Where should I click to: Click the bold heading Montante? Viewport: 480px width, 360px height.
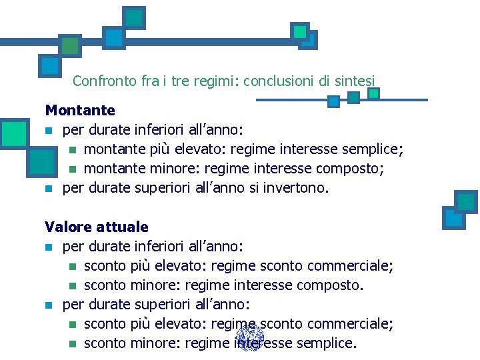[x=80, y=110]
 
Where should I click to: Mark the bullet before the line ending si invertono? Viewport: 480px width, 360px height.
[x=48, y=189]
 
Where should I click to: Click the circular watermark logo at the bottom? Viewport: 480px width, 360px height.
[x=250, y=338]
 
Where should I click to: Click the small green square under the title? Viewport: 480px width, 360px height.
[x=373, y=94]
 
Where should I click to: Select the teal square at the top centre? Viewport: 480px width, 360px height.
[x=135, y=18]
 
